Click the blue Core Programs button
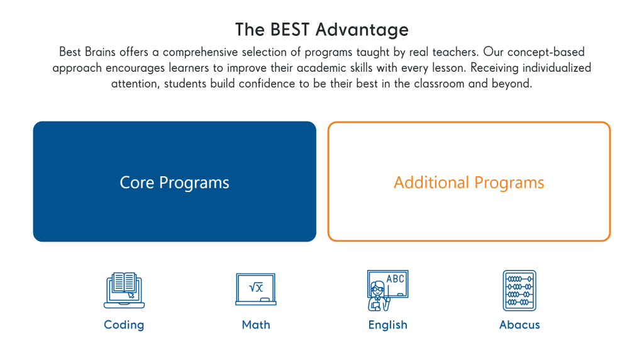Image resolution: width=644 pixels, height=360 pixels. (174, 182)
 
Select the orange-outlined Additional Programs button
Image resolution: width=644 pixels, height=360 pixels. (469, 182)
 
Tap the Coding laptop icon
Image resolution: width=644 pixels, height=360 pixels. (124, 290)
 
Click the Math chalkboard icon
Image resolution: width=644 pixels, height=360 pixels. (255, 290)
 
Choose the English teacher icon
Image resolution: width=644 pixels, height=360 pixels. (387, 290)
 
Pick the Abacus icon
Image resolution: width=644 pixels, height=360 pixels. (519, 290)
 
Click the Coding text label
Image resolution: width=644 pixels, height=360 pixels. (124, 325)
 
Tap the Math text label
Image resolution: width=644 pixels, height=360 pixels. (256, 325)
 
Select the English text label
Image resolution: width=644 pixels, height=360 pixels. (387, 325)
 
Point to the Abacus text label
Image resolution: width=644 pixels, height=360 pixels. (519, 325)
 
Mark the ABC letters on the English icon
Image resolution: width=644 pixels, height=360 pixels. (396, 279)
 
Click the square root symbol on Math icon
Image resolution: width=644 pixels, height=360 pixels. (255, 288)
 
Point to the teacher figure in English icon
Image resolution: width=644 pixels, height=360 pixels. (377, 296)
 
